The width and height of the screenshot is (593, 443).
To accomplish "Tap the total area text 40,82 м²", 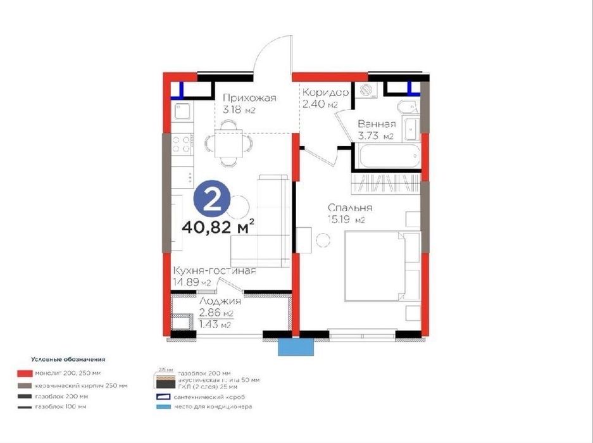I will pos(218,225).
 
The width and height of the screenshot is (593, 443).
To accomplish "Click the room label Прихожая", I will pos(250,97).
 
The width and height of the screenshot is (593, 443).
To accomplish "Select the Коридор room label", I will pos(325,92).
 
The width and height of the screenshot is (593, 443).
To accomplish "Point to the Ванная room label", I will pos(376,124).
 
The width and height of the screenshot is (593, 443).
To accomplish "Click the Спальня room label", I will pos(349,208).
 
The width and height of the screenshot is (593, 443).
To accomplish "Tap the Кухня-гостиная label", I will pos(214,271).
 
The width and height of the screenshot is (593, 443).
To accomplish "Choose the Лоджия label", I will pos(216,303).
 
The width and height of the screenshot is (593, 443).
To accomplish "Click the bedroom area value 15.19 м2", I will pos(346,220).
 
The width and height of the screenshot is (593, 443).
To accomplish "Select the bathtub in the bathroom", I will pos(386,156).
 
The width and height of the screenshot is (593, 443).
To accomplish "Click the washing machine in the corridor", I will pos(365,91).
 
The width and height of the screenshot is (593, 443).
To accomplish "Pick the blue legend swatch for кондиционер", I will pos(163,406).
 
